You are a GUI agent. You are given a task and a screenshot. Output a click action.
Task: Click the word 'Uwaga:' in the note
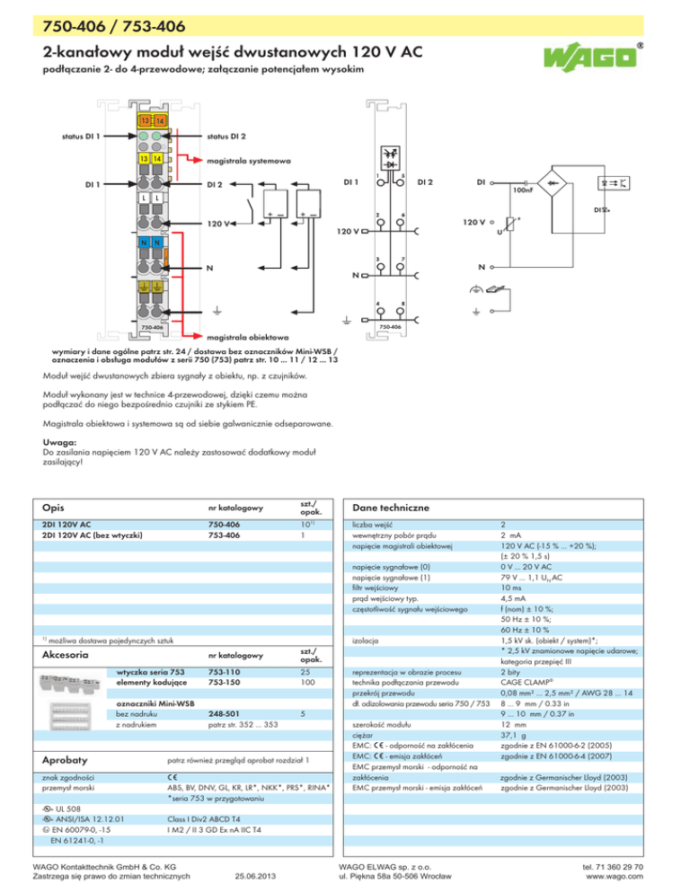(59, 442)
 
